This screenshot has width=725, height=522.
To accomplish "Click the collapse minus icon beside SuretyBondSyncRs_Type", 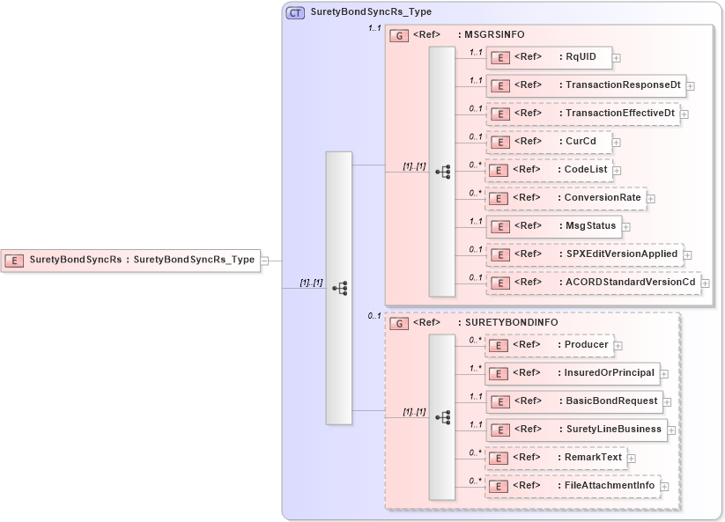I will pos(265,261).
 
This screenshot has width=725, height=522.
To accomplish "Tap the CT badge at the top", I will pos(295,12).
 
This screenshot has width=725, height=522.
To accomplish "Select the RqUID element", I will pos(550,57).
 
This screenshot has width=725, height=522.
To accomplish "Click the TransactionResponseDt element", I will pos(586,85).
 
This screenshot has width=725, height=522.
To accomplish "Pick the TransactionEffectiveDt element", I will pos(583,114).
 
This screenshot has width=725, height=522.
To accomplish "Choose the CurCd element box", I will pos(549,142).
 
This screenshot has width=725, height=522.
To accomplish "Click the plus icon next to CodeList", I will pos(617,170).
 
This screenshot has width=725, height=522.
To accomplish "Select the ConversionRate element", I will pos(566,198).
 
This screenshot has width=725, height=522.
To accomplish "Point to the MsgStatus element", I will pos(553,226).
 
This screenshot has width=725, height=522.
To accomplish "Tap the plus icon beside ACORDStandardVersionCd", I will pos(705,283).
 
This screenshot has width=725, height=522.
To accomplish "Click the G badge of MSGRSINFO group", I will pos(399,35).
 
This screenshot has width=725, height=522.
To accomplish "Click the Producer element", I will pos(550,345).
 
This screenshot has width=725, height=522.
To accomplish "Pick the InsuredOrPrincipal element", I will pos(573,373).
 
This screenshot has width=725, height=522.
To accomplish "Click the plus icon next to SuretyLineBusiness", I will pos(671,430).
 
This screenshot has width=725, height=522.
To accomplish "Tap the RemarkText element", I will pos(557,458).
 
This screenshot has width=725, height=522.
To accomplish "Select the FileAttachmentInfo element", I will pos(573,486).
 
